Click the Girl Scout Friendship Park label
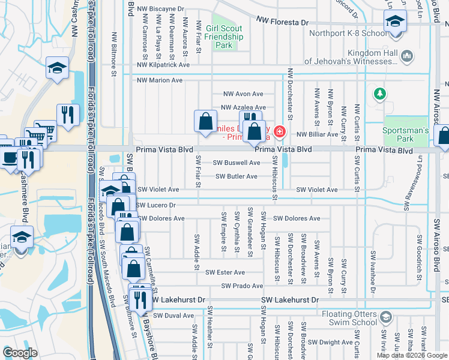[x=223, y=37]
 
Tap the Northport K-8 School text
[x=348, y=33]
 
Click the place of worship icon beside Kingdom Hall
[x=408, y=57]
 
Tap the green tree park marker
[x=379, y=93]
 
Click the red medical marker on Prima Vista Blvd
[x=279, y=131]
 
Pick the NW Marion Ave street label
[x=160, y=80]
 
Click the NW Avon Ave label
[x=243, y=94]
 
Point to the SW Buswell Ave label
[x=238, y=163]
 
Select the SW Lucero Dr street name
[x=155, y=205]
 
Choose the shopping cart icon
[x=45, y=130]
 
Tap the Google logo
[x=20, y=352]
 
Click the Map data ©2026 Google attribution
[x=412, y=355]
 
